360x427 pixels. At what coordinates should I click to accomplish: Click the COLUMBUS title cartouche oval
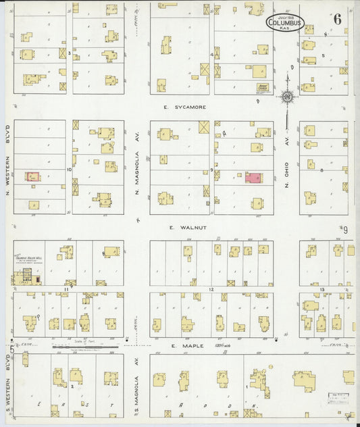(285, 22)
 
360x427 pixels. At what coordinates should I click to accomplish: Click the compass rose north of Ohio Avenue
(288, 97)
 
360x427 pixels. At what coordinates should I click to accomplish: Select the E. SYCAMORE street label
(184, 107)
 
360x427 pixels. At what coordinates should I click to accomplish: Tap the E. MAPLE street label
(182, 346)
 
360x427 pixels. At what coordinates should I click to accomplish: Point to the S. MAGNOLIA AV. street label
(136, 388)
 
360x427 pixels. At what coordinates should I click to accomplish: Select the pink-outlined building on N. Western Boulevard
(32, 176)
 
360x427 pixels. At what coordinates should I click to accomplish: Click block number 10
(69, 169)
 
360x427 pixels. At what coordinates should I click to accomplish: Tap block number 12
(211, 289)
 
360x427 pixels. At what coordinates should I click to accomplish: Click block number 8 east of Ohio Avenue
(322, 170)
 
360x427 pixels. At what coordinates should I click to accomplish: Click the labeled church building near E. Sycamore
(263, 87)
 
